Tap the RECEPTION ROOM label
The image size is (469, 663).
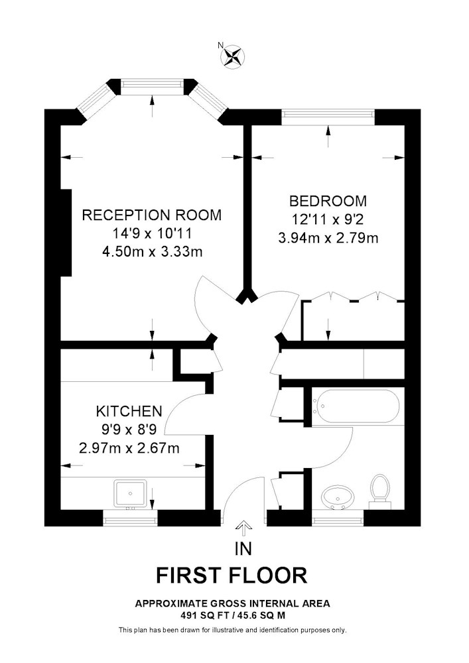pyautogui.click(x=151, y=215)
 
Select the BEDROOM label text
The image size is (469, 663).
pyautogui.click(x=328, y=201)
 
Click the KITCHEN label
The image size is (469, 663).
pyautogui.click(x=129, y=410)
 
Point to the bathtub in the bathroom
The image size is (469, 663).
pyautogui.click(x=358, y=406)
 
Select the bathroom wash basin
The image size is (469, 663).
pyautogui.click(x=338, y=496)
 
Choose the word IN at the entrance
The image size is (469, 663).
pyautogui.click(x=243, y=548)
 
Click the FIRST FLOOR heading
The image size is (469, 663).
pyautogui.click(x=232, y=575)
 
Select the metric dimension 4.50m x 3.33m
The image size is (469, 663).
pyautogui.click(x=151, y=251)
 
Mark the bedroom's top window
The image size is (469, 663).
pyautogui.click(x=328, y=116)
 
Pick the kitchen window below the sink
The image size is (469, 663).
pyautogui.click(x=131, y=515)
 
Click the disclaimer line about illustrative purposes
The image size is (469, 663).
pyautogui.click(x=232, y=629)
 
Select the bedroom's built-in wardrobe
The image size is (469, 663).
pyautogui.click(x=352, y=322)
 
